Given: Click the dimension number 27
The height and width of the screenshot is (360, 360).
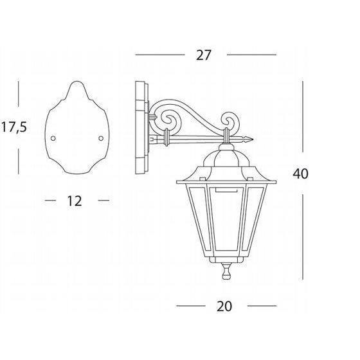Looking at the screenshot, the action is point(203,55).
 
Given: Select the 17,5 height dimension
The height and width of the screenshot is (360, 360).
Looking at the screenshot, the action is point(14,127).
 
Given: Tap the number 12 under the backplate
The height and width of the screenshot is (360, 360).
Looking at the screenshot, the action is point(75,201).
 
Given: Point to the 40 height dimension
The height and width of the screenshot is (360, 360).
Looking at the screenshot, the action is point(300,174).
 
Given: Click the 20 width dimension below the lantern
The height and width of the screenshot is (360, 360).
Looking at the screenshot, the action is point(224,306).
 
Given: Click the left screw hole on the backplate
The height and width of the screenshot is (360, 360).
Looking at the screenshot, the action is point(53,138).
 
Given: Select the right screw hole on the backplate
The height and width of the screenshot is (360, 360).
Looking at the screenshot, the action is point(101,138).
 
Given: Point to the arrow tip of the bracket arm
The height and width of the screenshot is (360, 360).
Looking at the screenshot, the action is point(253,139).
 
